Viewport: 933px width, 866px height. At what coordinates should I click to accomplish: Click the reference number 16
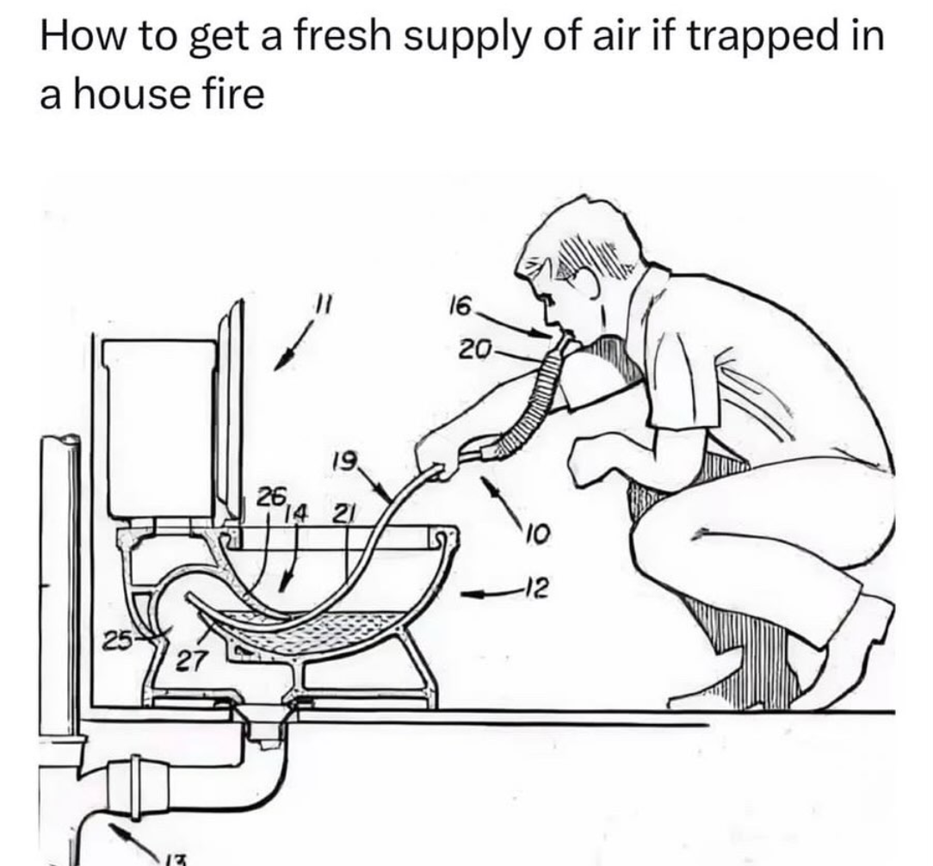(460, 307)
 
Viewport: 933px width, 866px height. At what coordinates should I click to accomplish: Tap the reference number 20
(475, 348)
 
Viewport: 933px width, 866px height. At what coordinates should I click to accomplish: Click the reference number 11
(323, 303)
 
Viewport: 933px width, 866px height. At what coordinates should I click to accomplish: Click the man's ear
(588, 282)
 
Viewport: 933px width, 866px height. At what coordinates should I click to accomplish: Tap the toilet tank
(159, 429)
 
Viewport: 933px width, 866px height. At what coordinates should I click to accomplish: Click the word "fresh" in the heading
(338, 37)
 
